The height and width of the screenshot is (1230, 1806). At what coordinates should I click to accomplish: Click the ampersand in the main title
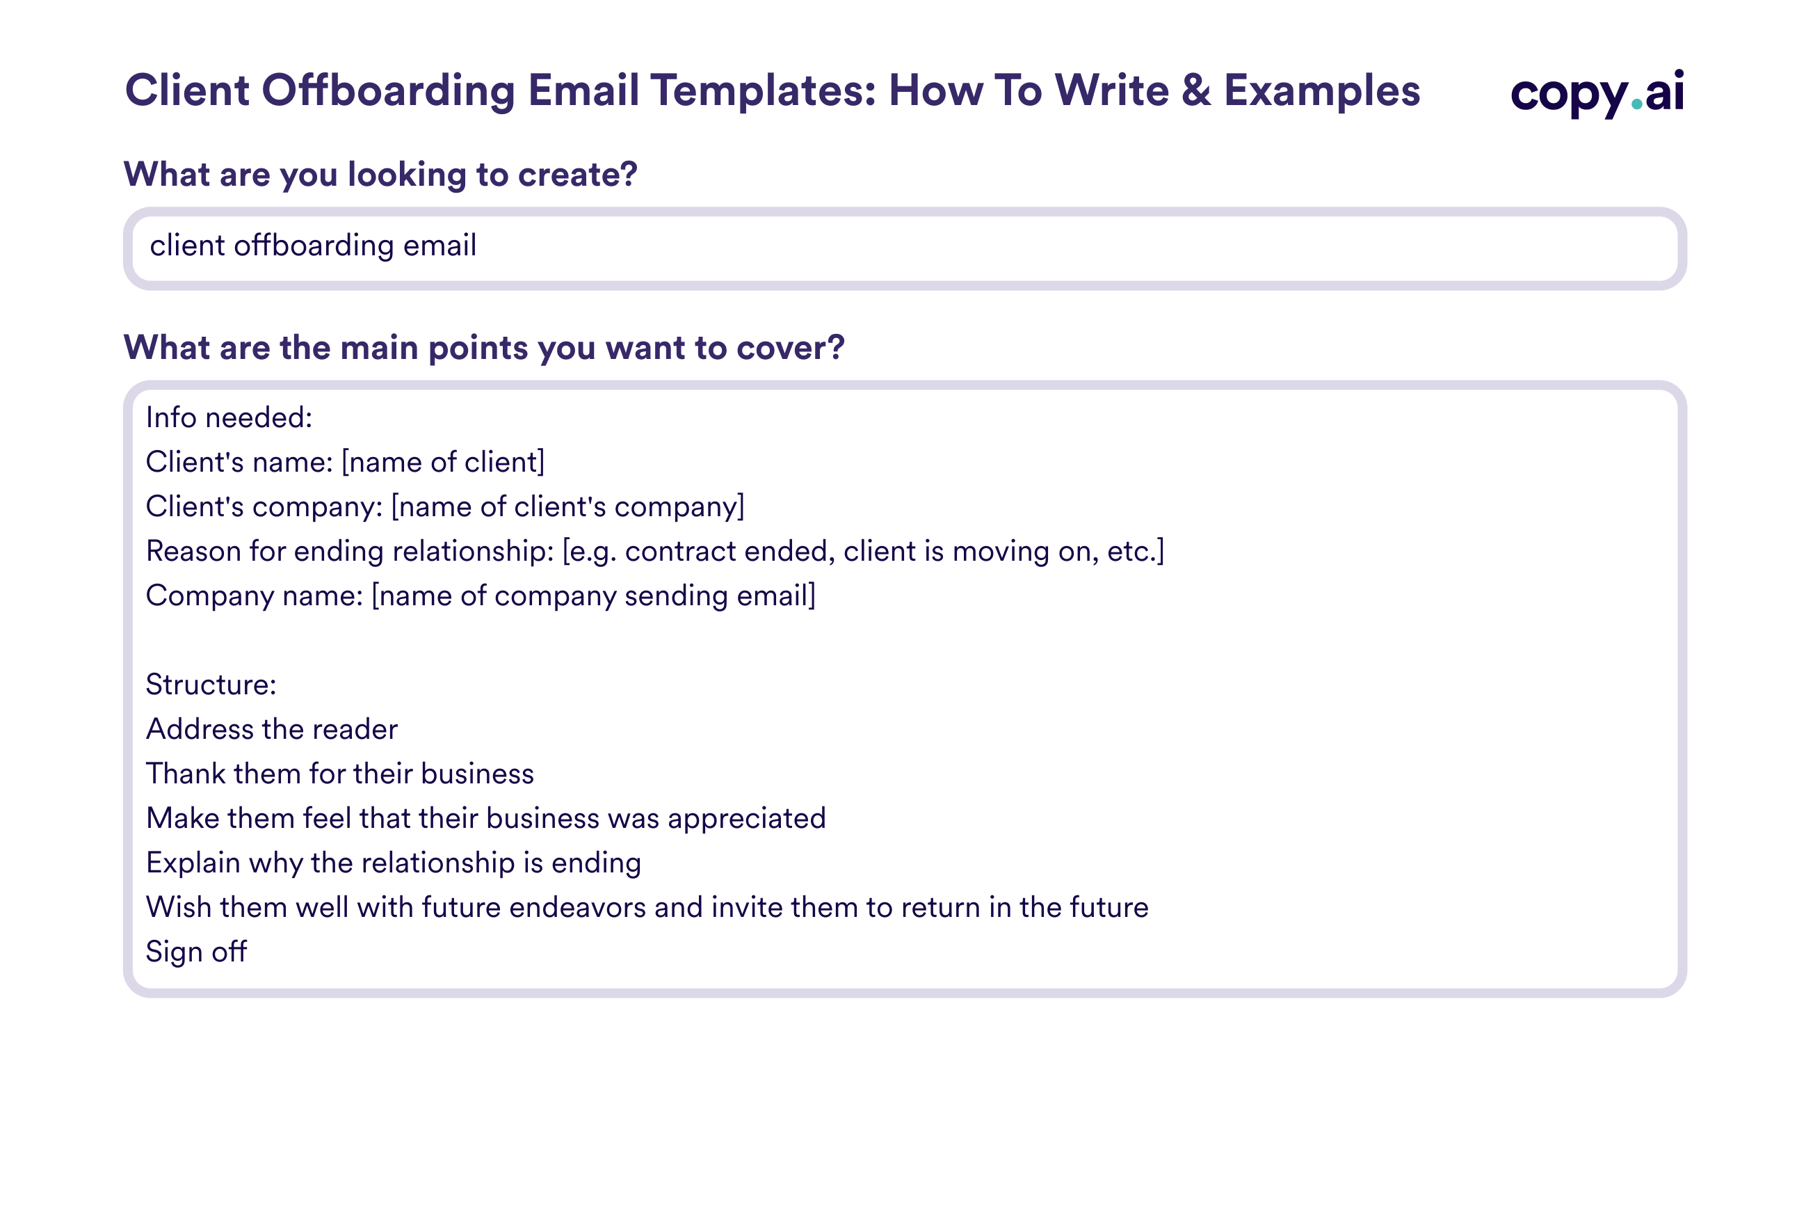tap(1197, 90)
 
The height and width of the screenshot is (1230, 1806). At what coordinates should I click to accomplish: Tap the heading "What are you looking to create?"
tap(381, 174)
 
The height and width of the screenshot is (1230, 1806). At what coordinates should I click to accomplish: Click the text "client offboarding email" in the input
tap(313, 246)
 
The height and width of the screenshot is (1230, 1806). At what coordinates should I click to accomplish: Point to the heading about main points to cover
tap(484, 348)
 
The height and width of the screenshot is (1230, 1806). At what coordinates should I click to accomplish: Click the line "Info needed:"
tap(229, 417)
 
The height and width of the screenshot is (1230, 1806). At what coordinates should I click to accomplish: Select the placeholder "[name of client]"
tap(443, 462)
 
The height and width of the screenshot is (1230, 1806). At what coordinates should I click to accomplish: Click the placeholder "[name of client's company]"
tap(567, 506)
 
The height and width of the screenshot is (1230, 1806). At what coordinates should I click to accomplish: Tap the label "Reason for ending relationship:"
tap(350, 551)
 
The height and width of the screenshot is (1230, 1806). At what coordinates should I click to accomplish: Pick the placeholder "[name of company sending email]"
tap(594, 596)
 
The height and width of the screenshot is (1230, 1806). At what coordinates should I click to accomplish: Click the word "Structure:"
tap(211, 684)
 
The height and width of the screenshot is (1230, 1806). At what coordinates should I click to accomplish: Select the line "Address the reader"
tap(272, 729)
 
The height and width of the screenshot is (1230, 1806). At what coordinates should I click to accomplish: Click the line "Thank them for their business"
tap(340, 774)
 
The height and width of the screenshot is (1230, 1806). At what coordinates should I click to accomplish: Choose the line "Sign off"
tap(197, 952)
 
